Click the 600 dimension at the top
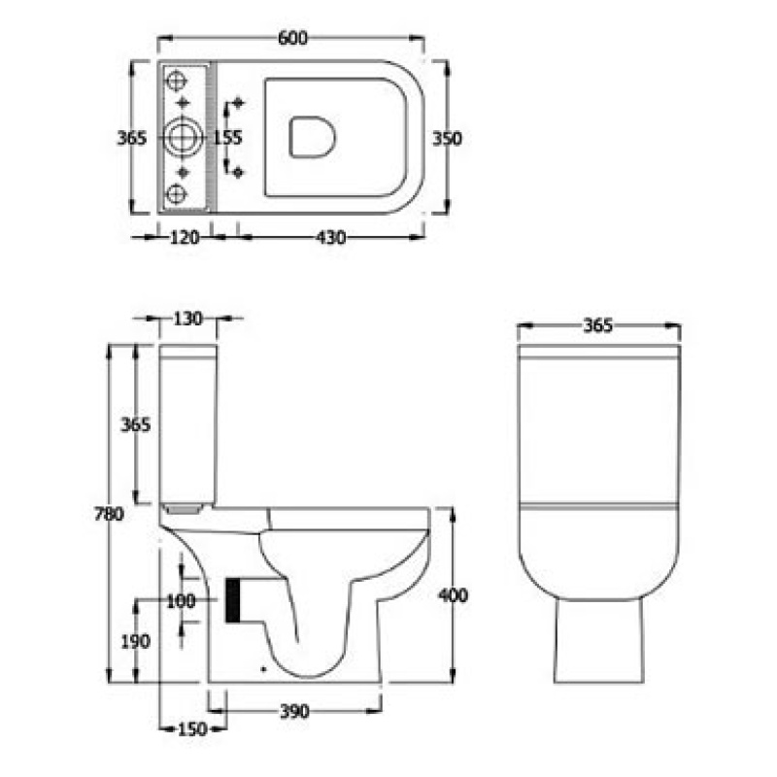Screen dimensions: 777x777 (291, 38)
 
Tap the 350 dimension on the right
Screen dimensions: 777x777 (448, 138)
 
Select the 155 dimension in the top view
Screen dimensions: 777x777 (226, 138)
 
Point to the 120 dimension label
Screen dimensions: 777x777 (184, 237)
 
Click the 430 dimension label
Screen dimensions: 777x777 (330, 237)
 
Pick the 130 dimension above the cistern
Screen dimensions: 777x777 (188, 319)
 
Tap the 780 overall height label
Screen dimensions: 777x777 (109, 516)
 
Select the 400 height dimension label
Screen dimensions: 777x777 (453, 595)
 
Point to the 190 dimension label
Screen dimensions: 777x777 (137, 641)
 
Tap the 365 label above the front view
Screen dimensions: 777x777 (598, 326)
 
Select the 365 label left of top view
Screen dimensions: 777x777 (131, 138)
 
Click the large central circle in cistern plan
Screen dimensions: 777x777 (181, 138)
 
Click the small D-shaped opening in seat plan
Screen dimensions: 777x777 (312, 137)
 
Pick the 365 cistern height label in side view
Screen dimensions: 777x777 (136, 424)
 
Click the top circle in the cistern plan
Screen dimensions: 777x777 (180, 82)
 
